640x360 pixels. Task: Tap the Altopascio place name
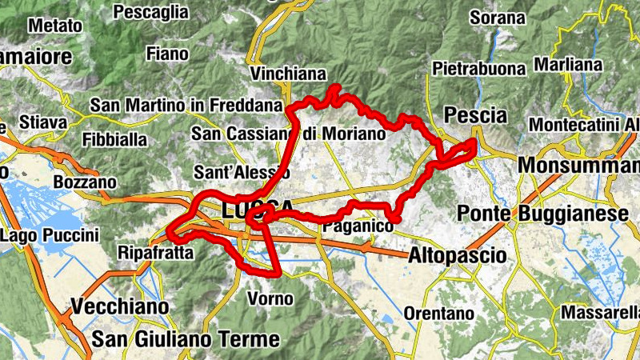click(457, 256)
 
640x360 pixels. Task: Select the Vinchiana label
click(288, 74)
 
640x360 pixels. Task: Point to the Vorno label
click(271, 299)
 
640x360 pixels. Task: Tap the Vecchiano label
click(120, 306)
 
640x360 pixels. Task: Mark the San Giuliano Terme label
click(186, 339)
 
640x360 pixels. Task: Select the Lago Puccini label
click(50, 235)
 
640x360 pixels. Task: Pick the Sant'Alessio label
click(234, 172)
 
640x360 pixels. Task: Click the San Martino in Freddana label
click(186, 106)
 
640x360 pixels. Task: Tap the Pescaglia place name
click(151, 12)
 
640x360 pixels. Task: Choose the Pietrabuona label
click(478, 69)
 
